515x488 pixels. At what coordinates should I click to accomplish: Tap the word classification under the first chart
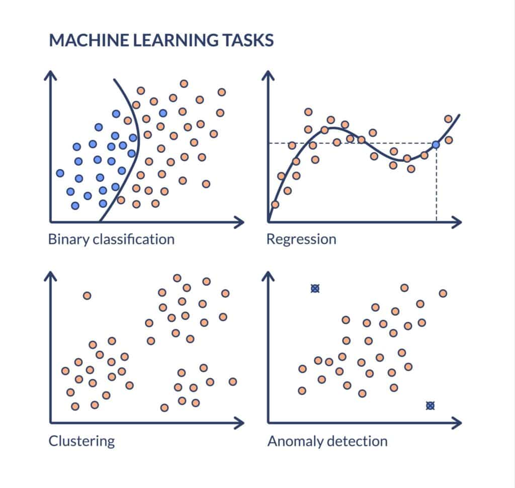(x=133, y=238)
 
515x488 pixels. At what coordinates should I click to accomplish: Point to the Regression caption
(x=301, y=239)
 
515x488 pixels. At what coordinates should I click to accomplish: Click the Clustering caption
(x=81, y=442)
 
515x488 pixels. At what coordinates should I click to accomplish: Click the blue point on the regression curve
(x=436, y=144)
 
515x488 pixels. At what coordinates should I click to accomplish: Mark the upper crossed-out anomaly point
(x=315, y=288)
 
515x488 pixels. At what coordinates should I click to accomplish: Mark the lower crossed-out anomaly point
(x=430, y=405)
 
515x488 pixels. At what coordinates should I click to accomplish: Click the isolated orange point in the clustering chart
(x=87, y=295)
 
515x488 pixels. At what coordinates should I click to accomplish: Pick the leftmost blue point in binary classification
(x=60, y=173)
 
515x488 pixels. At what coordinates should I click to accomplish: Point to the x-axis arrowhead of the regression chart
(x=457, y=221)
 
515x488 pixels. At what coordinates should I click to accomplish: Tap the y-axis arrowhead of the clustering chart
(x=50, y=276)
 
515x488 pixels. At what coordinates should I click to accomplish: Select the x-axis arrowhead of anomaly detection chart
(x=457, y=423)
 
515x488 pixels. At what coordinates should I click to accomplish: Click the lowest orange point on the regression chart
(x=275, y=204)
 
